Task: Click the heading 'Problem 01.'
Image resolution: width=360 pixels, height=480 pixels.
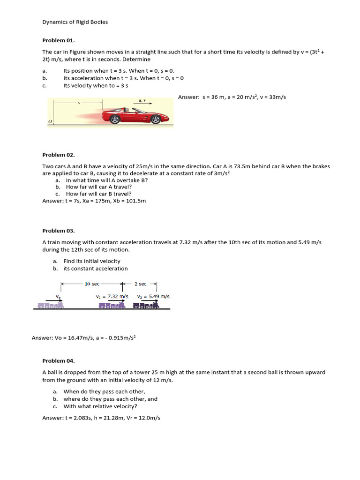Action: click(59, 41)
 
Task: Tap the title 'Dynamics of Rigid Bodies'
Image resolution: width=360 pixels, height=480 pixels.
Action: click(75, 22)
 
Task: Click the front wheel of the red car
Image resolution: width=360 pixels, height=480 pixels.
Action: click(156, 120)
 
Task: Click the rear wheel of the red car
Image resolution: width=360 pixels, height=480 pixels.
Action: click(115, 120)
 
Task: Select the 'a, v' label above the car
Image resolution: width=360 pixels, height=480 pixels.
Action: click(142, 100)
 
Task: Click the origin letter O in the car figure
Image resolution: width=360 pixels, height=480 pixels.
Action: click(50, 122)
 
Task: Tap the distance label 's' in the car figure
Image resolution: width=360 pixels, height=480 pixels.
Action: click(79, 102)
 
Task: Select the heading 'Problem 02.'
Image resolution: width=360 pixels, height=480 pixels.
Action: click(59, 155)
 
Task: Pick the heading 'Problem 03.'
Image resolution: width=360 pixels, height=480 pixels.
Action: click(59, 231)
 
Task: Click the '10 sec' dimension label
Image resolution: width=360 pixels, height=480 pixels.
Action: click(92, 284)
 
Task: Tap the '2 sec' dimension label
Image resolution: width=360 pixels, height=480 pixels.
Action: click(140, 284)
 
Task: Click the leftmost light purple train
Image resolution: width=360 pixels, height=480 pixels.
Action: click(50, 305)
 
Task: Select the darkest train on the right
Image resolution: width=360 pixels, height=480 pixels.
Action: click(146, 305)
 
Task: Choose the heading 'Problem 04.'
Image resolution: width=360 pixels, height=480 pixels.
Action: click(59, 361)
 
